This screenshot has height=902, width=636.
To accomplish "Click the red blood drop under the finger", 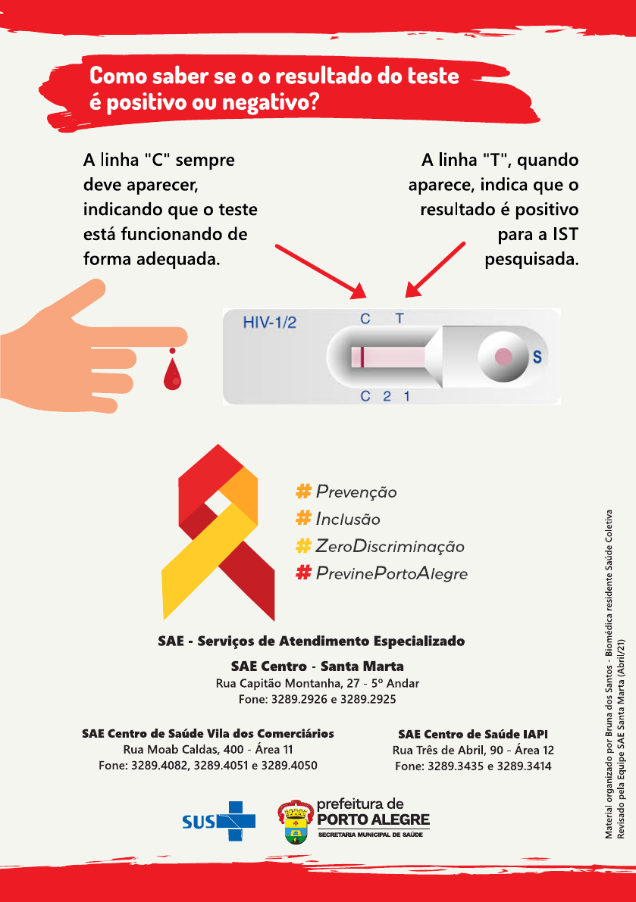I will (173, 374).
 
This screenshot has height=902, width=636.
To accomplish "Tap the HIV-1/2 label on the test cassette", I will (269, 323).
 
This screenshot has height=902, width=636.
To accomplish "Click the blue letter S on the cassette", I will (537, 357).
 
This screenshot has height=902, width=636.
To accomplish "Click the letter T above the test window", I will (399, 319).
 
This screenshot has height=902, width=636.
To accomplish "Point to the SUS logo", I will (218, 821).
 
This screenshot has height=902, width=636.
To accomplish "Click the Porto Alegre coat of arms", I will (296, 822).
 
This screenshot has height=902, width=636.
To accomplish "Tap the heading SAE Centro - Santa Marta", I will (317, 666).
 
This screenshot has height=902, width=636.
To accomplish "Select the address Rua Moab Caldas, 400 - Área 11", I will (208, 750).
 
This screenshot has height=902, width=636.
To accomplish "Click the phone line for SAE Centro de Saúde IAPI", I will (473, 766).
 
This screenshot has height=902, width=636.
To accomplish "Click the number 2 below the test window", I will (387, 396).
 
